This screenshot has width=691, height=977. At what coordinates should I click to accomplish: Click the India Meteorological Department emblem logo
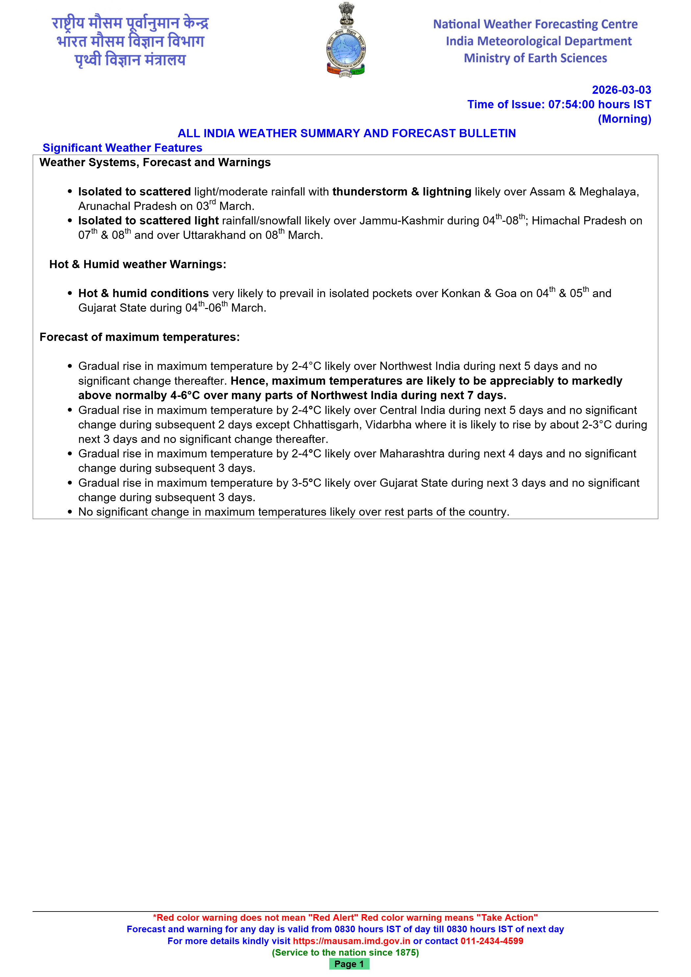pyautogui.click(x=345, y=40)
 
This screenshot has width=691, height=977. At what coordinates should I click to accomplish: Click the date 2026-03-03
pyautogui.click(x=621, y=90)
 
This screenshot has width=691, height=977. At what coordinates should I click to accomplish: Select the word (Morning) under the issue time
pyautogui.click(x=624, y=119)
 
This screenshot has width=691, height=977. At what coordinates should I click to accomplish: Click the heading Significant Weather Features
pyautogui.click(x=122, y=148)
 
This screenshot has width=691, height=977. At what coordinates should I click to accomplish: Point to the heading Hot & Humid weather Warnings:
pyautogui.click(x=138, y=264)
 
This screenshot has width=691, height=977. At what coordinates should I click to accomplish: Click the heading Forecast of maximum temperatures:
pyautogui.click(x=140, y=337)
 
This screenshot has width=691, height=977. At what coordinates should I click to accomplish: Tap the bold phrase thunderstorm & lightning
pyautogui.click(x=402, y=192)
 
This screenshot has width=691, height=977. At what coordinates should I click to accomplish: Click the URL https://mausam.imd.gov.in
pyautogui.click(x=351, y=941)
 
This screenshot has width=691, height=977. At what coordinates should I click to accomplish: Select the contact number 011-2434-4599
pyautogui.click(x=492, y=941)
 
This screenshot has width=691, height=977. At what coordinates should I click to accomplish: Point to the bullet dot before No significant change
pyautogui.click(x=70, y=512)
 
